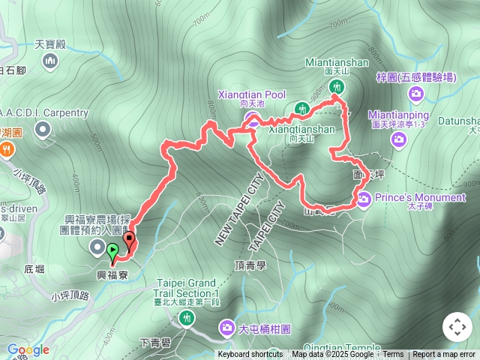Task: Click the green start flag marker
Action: [x=112, y=252]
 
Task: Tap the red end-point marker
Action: [x=129, y=241]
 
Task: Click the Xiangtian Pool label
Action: [x=252, y=94]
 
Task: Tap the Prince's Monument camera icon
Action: [x=364, y=198]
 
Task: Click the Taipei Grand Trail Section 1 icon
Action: [x=187, y=318]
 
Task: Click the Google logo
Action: [x=28, y=349]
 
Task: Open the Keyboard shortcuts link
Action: [x=250, y=355]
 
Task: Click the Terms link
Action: [x=393, y=355]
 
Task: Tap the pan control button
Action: [x=457, y=328]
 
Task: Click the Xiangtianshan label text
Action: [x=301, y=130]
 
